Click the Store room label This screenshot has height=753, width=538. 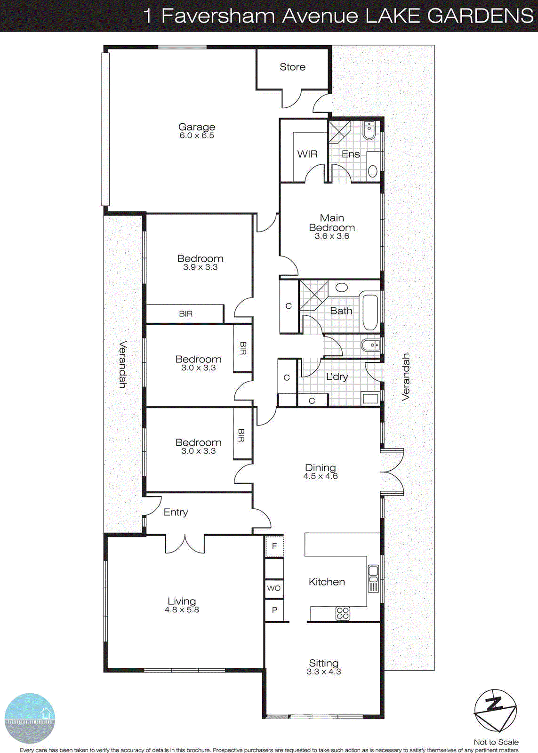pos(292,67)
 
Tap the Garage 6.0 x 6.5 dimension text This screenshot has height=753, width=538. pos(197,136)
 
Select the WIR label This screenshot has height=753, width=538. pos(307,154)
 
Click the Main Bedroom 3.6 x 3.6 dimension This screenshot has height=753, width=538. pos(332,236)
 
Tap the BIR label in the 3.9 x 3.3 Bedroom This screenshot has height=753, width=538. pos(185,314)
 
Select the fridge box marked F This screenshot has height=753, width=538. pos(274,546)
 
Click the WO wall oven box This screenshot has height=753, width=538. pos(274,588)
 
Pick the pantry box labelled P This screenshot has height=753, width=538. pos(274,610)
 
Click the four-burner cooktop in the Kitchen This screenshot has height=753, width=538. pos(343,613)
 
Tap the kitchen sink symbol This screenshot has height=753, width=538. pos(373,578)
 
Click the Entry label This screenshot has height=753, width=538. pos(176,512)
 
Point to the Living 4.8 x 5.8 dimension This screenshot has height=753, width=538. pos(182,610)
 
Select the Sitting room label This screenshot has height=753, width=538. pos(323,663)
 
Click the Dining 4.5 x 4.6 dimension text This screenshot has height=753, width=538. pos(321,476)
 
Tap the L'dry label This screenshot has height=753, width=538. pos(337,376)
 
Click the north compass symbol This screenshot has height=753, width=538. pos(495,711)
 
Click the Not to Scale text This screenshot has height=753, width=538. pos(496,742)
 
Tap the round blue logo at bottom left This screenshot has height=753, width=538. pos(30,718)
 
